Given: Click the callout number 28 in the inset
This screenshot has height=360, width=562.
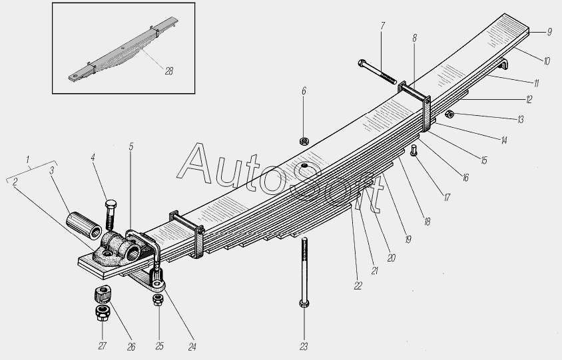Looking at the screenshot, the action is pyautogui.click(x=169, y=71).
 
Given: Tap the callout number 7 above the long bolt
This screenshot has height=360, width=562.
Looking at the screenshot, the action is pyautogui.click(x=383, y=26).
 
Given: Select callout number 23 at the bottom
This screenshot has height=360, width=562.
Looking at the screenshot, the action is pyautogui.click(x=304, y=347).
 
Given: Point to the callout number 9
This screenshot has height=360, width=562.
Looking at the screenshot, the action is pyautogui.click(x=549, y=32).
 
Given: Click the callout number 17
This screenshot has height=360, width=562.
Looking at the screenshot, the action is pyautogui.click(x=447, y=198).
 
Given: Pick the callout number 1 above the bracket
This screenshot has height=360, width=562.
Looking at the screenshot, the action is pyautogui.click(x=28, y=160).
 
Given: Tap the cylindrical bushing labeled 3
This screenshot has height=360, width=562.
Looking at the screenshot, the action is pyautogui.click(x=84, y=226).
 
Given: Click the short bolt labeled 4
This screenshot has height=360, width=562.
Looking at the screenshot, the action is pyautogui.click(x=110, y=214).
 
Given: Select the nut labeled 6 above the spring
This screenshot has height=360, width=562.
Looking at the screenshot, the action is pyautogui.click(x=304, y=140).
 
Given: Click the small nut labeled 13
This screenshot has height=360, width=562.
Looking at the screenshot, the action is pyautogui.click(x=449, y=114).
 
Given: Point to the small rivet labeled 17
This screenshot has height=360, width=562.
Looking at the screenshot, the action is pyautogui.click(x=414, y=150).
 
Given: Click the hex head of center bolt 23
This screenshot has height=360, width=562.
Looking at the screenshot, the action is pyautogui.click(x=304, y=303).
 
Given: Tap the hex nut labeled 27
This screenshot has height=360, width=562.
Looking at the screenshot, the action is pyautogui.click(x=103, y=313).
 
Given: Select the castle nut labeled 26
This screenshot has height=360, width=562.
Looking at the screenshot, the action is pyautogui.click(x=102, y=293).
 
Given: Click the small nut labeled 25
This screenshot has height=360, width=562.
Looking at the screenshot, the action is pyautogui.click(x=158, y=299).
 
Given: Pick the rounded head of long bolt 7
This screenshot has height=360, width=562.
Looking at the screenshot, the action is pyautogui.click(x=362, y=63).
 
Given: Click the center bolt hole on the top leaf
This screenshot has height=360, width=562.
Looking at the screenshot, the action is pyautogui.click(x=305, y=166).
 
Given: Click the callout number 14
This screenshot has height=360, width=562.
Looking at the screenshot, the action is pyautogui.click(x=504, y=140).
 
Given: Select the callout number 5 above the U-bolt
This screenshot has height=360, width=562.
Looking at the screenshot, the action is pyautogui.click(x=131, y=146).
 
